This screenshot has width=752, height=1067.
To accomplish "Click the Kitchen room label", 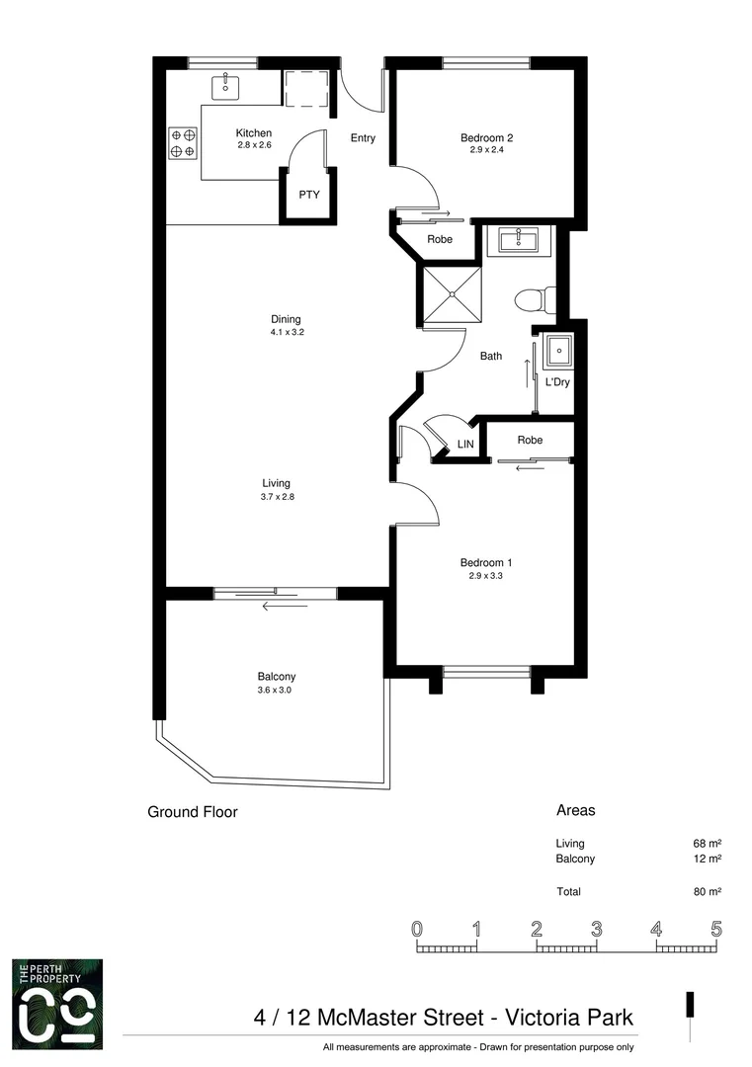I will point(253,133).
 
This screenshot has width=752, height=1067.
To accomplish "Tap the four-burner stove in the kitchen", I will point(183,142).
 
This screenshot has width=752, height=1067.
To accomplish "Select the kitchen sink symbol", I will point(226,87).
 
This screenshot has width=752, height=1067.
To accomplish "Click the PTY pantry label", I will point(308,196).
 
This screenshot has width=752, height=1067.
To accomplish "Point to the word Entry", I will point(363,138).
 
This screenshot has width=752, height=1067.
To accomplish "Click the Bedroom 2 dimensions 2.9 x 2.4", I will point(486,151).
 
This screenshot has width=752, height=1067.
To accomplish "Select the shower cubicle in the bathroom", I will point(452,294).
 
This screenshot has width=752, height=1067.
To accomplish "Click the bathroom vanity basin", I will point(515,240).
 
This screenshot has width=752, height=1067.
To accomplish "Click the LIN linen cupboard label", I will point(465,446).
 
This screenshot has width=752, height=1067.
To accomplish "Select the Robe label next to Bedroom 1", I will point(530,440).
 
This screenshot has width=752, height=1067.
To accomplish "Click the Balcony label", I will point(277,677).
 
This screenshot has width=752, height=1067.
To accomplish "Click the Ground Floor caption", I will point(193,813).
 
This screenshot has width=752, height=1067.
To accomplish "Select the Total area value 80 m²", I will point(707,892).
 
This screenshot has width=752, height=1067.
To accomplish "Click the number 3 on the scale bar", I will point(597,930).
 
